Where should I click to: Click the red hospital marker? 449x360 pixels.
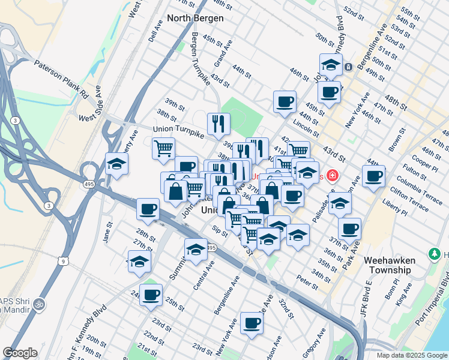(331, 176)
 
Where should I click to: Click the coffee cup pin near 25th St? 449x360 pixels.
(151, 295)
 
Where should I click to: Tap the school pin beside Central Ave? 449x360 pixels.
(196, 250)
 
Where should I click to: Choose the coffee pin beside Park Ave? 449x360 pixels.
(349, 228)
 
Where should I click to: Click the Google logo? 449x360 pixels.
(20, 353)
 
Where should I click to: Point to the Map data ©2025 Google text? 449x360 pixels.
(411, 355)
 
